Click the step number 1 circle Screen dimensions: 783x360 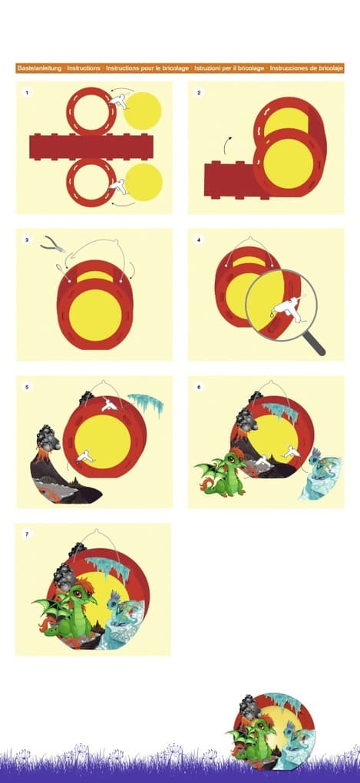coord(28,93)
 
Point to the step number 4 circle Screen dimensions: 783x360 coord(199,240)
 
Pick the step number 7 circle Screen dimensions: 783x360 coord(28,534)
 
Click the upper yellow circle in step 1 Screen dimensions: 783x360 coord(143,111)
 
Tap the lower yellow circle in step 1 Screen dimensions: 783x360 coord(143,183)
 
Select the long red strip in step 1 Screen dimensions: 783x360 coord(91,147)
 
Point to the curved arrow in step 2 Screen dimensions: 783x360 coord(228,144)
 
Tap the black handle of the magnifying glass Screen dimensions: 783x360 coord(314,345)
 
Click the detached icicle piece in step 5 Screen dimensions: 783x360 coord(146,403)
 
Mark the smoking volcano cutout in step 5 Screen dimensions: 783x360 coord(54,468)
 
